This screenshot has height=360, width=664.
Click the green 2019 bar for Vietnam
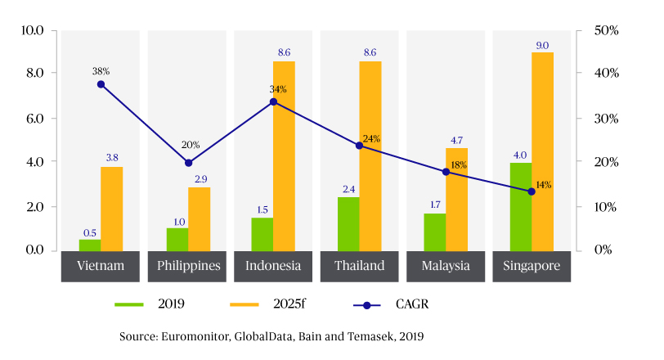[90, 245]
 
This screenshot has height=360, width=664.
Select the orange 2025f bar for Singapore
[542, 151]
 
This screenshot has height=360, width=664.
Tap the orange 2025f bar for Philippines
[199, 218]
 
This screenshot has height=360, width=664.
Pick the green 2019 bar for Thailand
[348, 223]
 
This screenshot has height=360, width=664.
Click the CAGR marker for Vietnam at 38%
[101, 84]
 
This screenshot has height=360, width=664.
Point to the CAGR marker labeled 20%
[188, 163]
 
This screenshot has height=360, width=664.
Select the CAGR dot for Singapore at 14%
[532, 191]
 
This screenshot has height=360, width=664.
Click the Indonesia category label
[273, 266]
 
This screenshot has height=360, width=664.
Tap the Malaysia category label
[446, 266]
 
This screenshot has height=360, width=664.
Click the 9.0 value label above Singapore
[542, 46]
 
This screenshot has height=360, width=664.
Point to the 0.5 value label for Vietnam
[90, 233]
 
